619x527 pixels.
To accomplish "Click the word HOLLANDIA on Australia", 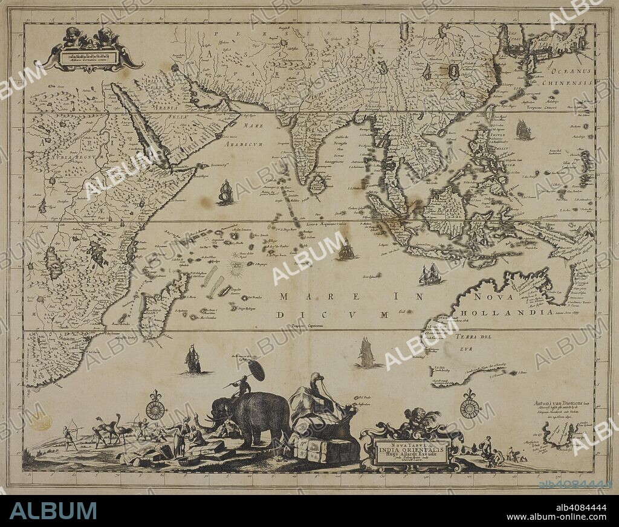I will (505, 312).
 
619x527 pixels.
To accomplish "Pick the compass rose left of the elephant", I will (155, 409).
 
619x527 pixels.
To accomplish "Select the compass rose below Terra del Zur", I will (470, 407).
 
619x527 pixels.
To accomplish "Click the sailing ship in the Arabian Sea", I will (225, 192).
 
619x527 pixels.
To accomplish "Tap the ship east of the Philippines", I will (523, 130).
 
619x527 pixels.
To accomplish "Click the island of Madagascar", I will (160, 305).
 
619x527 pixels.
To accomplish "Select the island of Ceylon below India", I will (317, 184).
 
